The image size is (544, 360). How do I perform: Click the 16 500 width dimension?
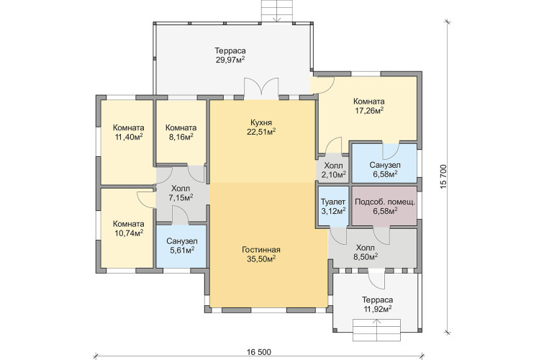(x=259, y=352)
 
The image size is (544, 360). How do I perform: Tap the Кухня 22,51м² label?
(x=261, y=127)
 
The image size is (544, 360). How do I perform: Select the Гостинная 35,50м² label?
(x=261, y=254)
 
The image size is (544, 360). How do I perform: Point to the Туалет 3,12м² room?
(x=333, y=207)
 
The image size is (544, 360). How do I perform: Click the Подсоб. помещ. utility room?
(x=385, y=207)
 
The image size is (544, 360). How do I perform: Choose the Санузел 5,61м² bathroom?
(x=182, y=246)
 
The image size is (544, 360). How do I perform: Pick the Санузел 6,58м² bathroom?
(x=385, y=163)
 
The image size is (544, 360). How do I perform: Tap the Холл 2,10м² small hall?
(x=333, y=170)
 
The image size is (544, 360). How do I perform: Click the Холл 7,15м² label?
(x=181, y=194)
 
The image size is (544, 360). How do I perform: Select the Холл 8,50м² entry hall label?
(x=366, y=253)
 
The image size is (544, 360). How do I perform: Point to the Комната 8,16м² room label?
(x=181, y=132)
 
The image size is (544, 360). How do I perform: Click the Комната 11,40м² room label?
(x=129, y=132)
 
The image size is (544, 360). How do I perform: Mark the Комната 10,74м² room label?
(x=129, y=228)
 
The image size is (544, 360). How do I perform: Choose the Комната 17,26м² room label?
(x=369, y=106)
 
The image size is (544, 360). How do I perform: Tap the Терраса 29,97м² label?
(x=230, y=55)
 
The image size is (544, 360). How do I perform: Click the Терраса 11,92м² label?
(x=378, y=304)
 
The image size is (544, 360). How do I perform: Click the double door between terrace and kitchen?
(x=261, y=89)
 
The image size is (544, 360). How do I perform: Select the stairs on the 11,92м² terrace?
(x=377, y=330)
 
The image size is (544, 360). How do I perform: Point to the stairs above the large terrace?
(x=277, y=12)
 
